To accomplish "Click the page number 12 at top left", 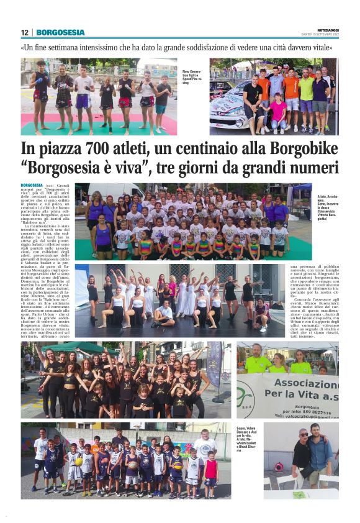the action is pos(24,32).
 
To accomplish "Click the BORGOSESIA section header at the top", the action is pos(60,32).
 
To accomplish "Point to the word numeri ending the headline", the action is pos(313,168).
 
